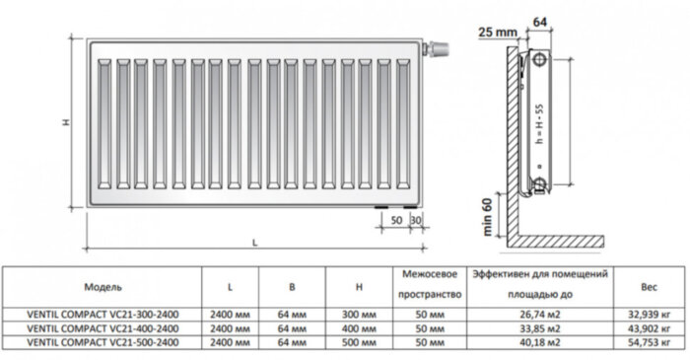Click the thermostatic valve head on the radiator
point(438,48)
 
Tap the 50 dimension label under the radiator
point(396,220)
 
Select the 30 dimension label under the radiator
point(415,220)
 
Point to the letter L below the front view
point(254,243)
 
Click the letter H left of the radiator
point(66,122)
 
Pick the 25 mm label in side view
point(498,33)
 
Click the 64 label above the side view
point(539,22)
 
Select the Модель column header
point(103,287)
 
